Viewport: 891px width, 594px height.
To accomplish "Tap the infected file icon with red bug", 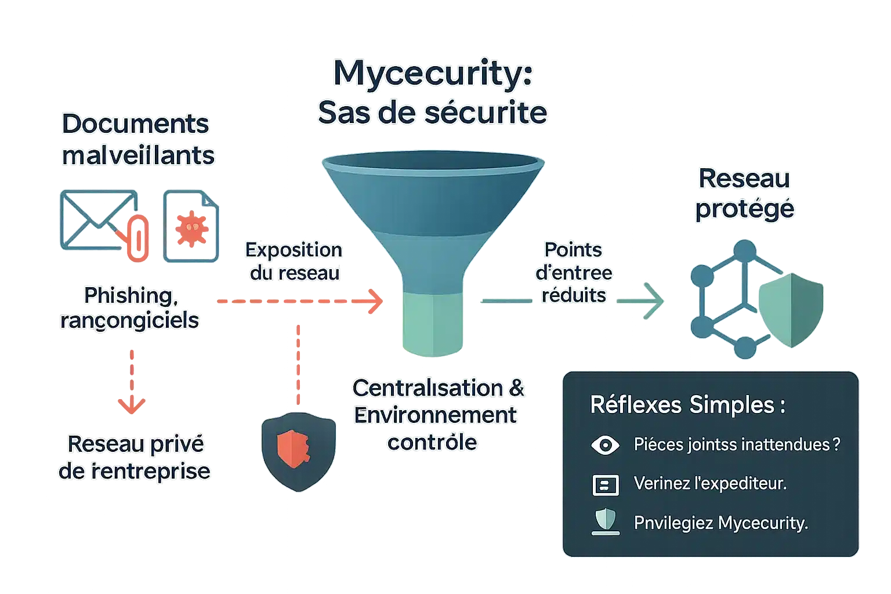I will click(x=191, y=226).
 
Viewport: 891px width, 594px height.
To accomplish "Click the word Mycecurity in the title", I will click(x=433, y=75).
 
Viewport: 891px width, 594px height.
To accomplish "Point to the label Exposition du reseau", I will click(x=294, y=261).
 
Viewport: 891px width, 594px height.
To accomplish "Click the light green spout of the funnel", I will click(x=432, y=322).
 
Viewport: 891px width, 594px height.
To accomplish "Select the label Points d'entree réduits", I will click(x=573, y=272).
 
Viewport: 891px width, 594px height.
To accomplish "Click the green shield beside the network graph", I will click(x=791, y=307).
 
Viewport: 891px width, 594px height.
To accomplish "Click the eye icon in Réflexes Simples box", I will click(x=605, y=445).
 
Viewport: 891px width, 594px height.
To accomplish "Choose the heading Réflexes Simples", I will click(x=687, y=404).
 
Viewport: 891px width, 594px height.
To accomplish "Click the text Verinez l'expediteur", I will click(x=710, y=483).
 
